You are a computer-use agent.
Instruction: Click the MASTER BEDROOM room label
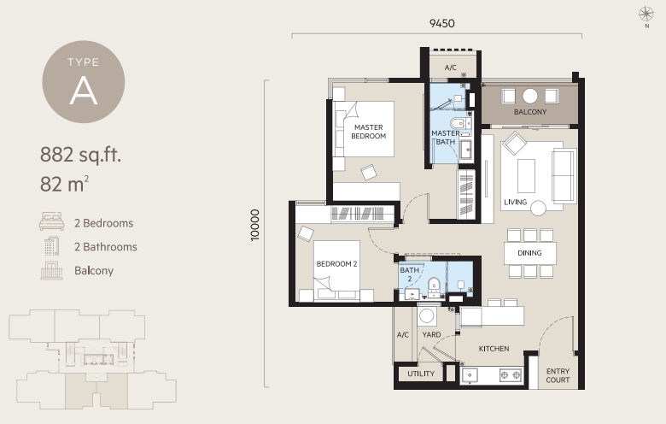click(x=368, y=132)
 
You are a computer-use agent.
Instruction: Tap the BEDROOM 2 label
click(x=336, y=263)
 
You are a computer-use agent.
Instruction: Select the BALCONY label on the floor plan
click(x=530, y=112)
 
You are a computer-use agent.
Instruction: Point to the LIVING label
click(x=515, y=202)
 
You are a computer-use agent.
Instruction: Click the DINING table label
click(x=529, y=253)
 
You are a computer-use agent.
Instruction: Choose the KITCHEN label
click(x=494, y=349)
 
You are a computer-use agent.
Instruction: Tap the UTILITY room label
click(x=421, y=374)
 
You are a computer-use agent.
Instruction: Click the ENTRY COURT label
click(x=558, y=375)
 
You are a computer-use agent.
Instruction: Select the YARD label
click(x=431, y=335)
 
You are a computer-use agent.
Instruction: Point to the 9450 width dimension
click(x=441, y=23)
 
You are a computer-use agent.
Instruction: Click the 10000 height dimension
click(x=254, y=226)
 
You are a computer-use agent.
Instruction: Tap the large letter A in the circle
click(x=84, y=91)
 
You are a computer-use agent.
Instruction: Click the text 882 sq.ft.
click(x=81, y=155)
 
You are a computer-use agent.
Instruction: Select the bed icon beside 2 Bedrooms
click(x=52, y=221)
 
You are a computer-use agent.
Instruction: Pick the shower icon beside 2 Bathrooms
click(x=51, y=246)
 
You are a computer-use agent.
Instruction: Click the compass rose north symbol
click(x=646, y=14)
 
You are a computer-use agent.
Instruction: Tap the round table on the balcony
click(x=529, y=96)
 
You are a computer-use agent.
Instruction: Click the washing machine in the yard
click(x=426, y=316)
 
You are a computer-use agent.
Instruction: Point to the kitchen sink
click(x=470, y=375)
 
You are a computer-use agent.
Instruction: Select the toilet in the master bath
click(x=458, y=123)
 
